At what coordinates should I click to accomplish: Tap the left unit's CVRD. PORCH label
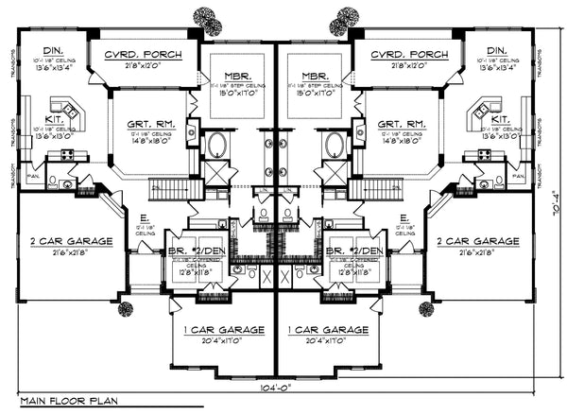click(142, 55)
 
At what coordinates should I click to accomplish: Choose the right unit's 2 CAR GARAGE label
click(478, 241)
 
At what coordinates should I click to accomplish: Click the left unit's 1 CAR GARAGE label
click(218, 329)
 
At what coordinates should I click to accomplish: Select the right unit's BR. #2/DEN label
click(354, 251)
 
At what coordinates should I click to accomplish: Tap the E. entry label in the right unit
click(404, 216)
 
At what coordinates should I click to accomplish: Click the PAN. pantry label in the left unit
click(31, 175)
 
